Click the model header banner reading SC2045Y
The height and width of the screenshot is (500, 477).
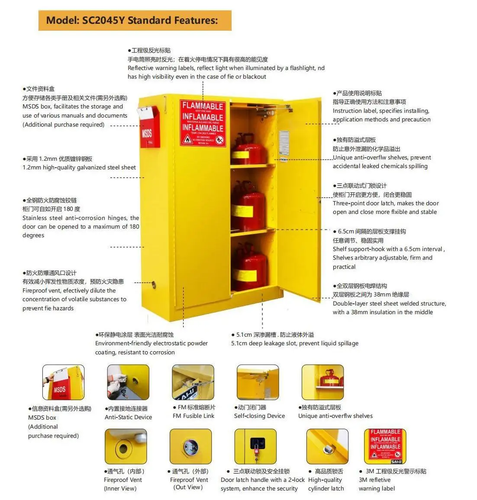point(135,20)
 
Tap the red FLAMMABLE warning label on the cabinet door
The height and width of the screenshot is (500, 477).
point(203,123)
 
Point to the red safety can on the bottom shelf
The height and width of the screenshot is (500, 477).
point(248,268)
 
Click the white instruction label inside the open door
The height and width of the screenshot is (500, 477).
point(284,143)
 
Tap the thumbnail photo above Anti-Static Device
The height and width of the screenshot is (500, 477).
point(128,382)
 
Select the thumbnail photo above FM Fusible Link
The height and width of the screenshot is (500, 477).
point(193,382)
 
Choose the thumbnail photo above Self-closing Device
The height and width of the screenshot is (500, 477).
point(258,382)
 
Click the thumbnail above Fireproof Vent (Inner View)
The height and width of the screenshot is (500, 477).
point(126,446)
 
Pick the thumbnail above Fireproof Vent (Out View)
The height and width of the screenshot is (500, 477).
point(190,446)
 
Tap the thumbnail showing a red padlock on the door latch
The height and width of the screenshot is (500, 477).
point(255,446)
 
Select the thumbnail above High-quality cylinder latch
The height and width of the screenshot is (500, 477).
point(327,446)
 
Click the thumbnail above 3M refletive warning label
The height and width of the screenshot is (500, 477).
point(385,446)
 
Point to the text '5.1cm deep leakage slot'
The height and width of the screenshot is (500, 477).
point(264,343)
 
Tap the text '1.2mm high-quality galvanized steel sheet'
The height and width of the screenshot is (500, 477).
point(79,167)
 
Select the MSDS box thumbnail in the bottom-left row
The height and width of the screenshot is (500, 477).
point(63,382)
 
